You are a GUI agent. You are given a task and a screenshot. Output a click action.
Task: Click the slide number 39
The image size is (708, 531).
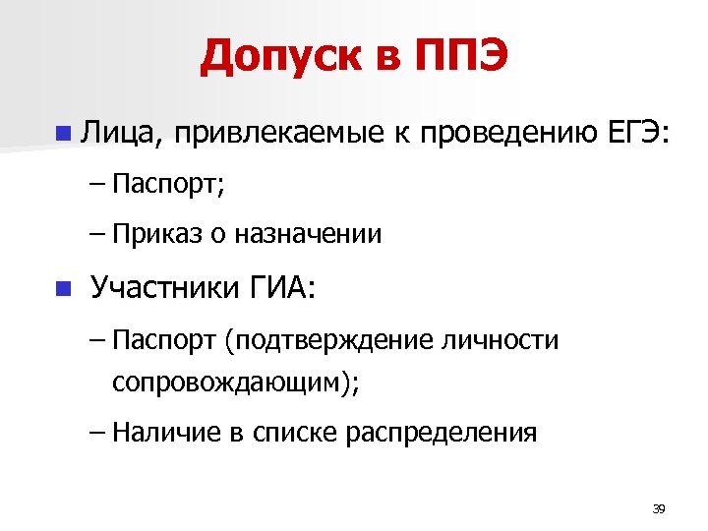tap(659, 508)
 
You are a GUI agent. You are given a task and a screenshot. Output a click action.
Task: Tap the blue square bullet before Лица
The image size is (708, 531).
tap(63, 131)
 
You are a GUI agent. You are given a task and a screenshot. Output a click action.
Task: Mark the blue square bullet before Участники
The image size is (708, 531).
tap(63, 288)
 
